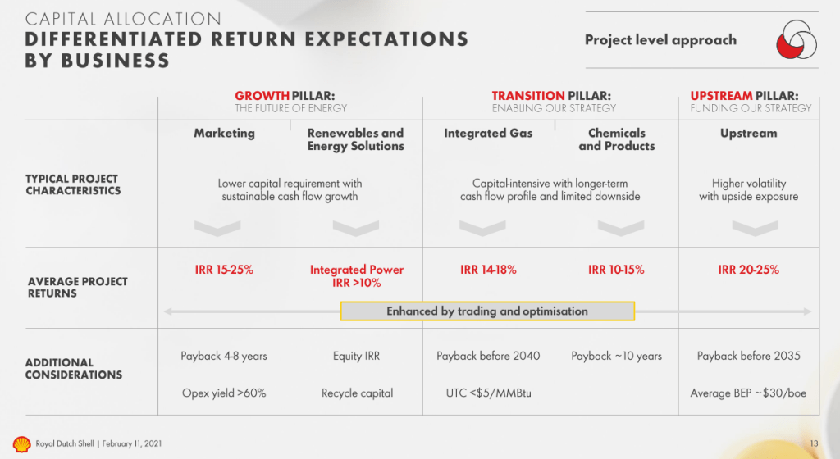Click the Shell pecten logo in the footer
click(x=21, y=444)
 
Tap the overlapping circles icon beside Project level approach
click(x=797, y=39)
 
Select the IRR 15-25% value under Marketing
click(x=224, y=270)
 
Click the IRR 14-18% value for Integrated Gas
click(x=488, y=270)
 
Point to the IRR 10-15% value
click(x=616, y=270)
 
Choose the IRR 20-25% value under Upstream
click(x=748, y=270)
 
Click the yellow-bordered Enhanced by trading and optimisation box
click(x=487, y=311)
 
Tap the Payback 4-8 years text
click(x=223, y=356)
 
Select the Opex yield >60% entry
click(x=224, y=393)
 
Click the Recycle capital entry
click(x=358, y=393)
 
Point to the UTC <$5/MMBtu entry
click(x=489, y=393)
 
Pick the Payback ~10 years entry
click(x=616, y=356)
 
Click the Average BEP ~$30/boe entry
click(x=748, y=393)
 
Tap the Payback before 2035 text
click(x=748, y=356)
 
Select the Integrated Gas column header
click(x=488, y=134)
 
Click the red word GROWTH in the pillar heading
click(x=262, y=96)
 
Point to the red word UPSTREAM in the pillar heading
click(x=721, y=96)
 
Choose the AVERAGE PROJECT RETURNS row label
click(x=78, y=287)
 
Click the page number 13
click(x=814, y=443)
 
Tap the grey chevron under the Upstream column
click(x=755, y=228)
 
